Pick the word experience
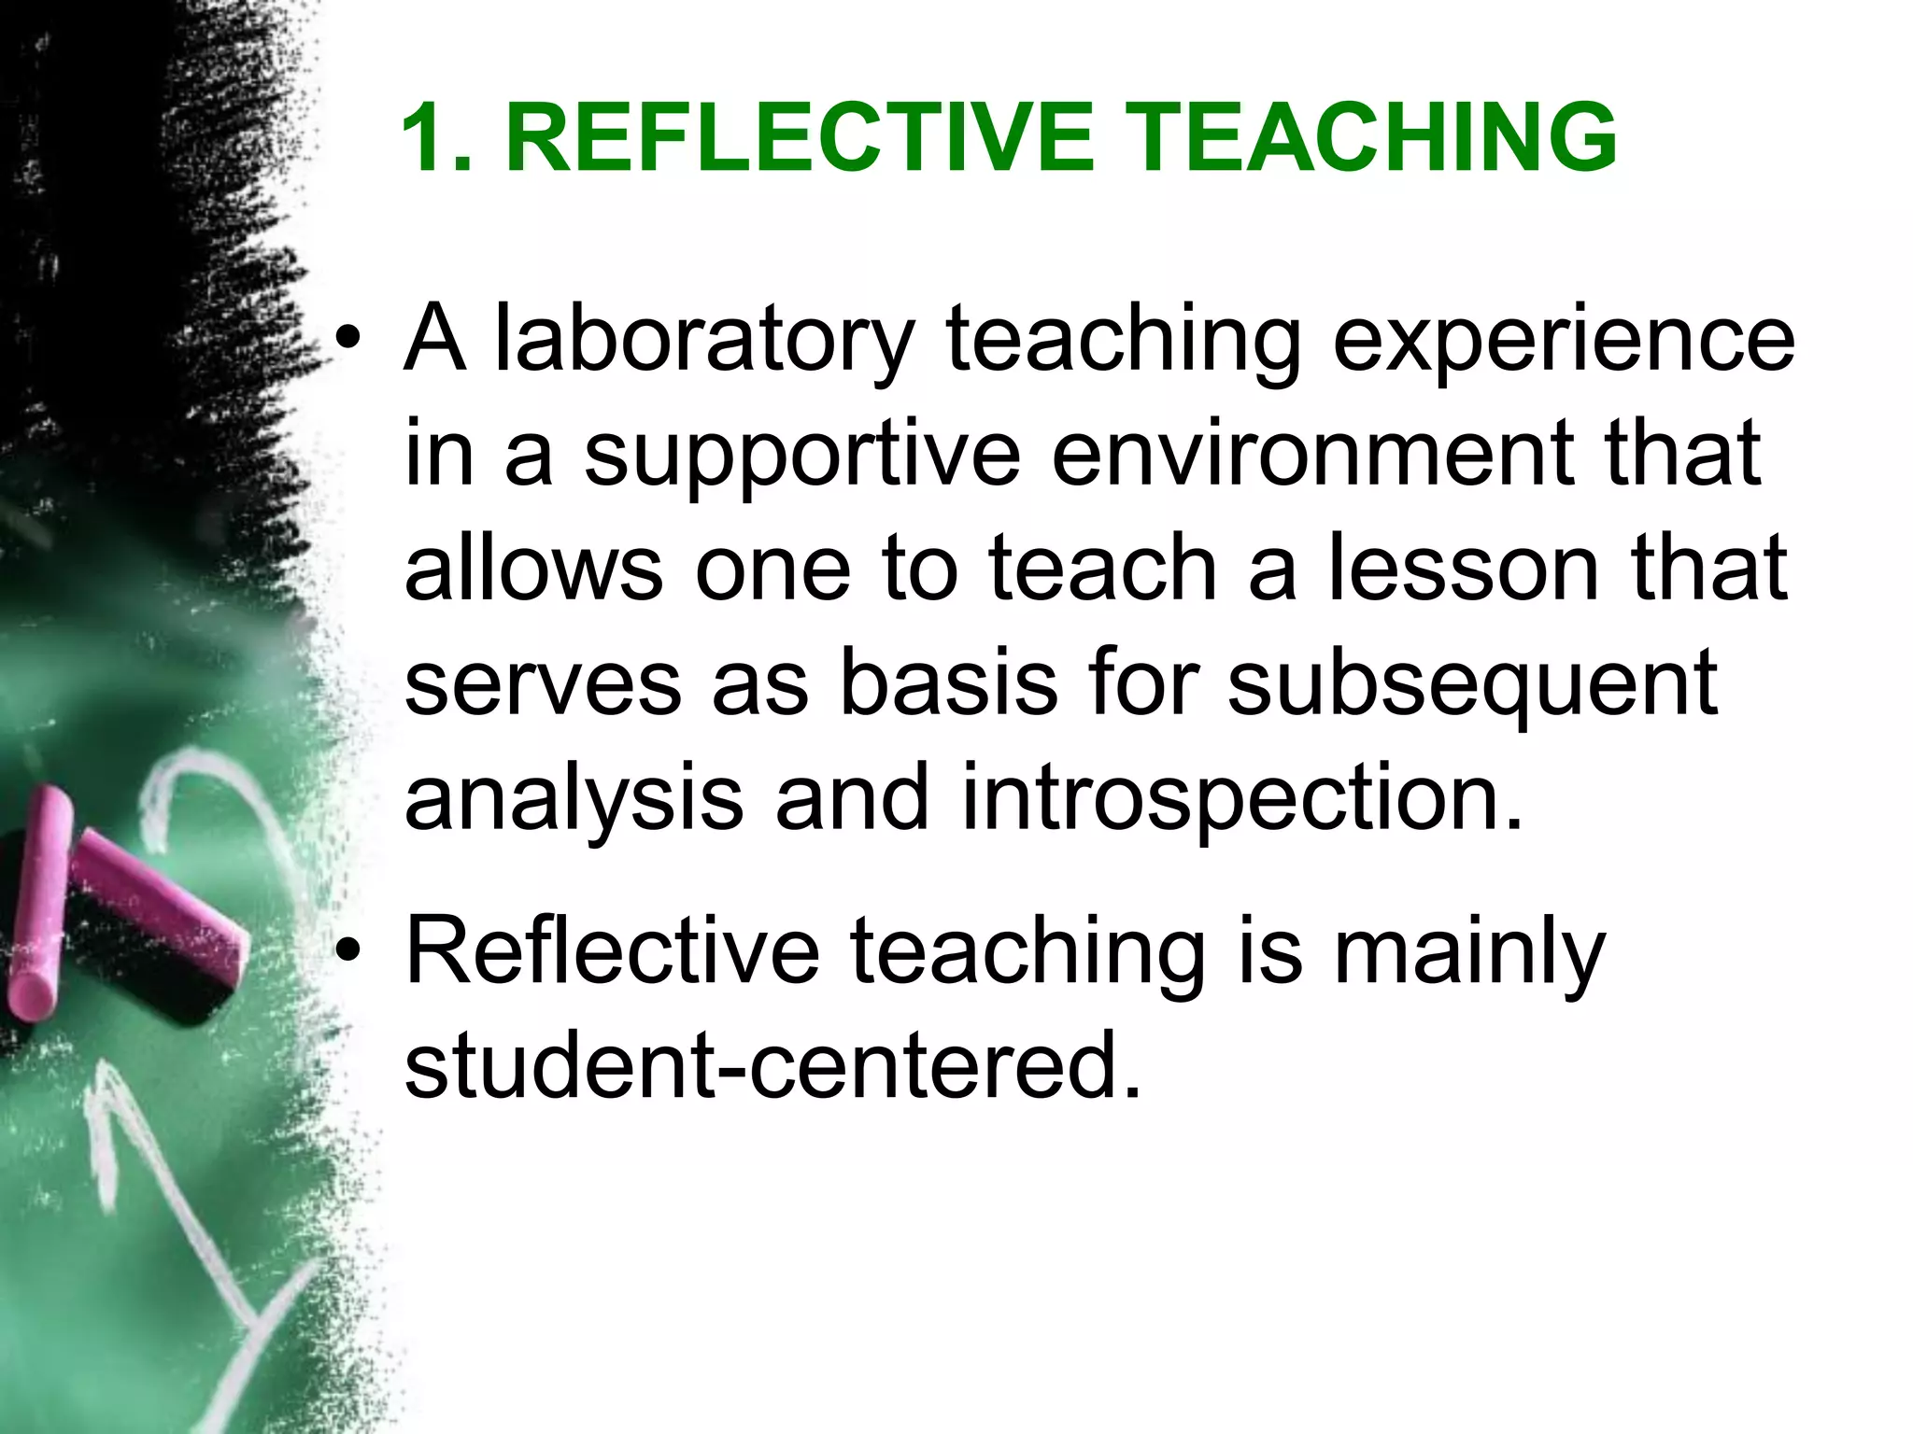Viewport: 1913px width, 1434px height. click(1563, 344)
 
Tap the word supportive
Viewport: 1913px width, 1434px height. click(802, 457)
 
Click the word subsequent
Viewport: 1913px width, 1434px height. click(1472, 687)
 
